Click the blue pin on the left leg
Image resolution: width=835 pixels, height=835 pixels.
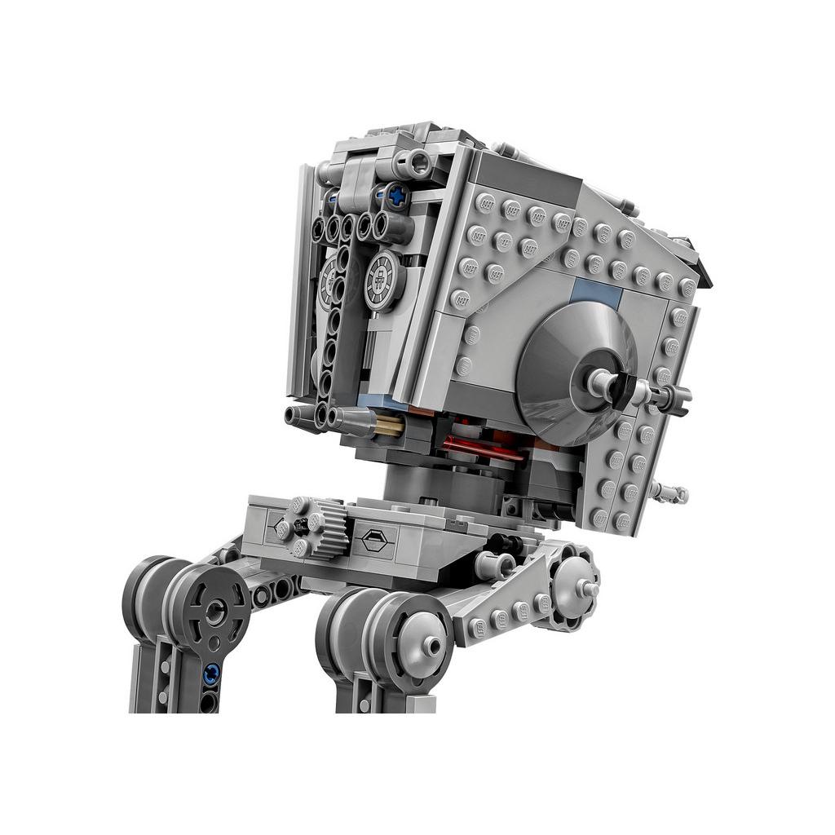pyautogui.click(x=213, y=673)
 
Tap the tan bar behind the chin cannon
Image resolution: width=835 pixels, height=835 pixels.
pyautogui.click(x=390, y=425)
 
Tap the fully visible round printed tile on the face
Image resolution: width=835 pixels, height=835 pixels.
pyautogui.click(x=382, y=282)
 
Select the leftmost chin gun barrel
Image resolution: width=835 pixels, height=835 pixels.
pyautogui.click(x=298, y=415)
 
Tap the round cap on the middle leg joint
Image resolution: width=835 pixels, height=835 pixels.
pyautogui.click(x=429, y=647)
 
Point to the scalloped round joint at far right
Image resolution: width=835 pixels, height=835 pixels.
pyautogui.click(x=577, y=585)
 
